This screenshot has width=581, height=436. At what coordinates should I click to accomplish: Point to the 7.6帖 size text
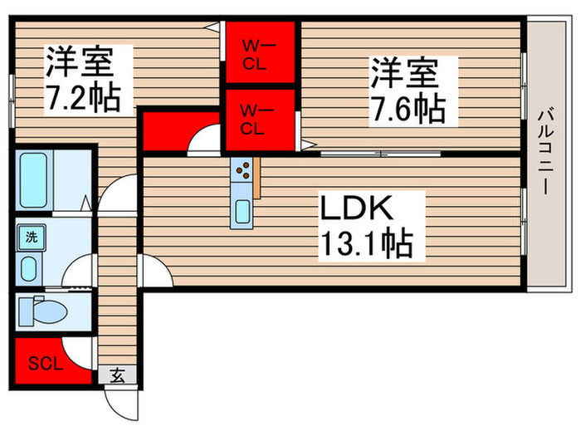(x=403, y=107)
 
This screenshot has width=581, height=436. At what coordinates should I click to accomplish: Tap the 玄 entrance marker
(x=118, y=375)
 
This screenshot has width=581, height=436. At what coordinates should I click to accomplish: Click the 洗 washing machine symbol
(x=31, y=237)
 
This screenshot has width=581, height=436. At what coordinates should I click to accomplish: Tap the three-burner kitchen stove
(x=245, y=171)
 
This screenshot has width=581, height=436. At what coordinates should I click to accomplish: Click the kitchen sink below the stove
(x=243, y=211)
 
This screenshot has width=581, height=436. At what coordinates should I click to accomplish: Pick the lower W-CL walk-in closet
(x=259, y=118)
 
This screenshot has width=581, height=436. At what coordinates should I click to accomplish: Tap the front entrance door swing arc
(x=118, y=404)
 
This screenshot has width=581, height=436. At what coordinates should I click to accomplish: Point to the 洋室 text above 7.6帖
(x=403, y=73)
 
